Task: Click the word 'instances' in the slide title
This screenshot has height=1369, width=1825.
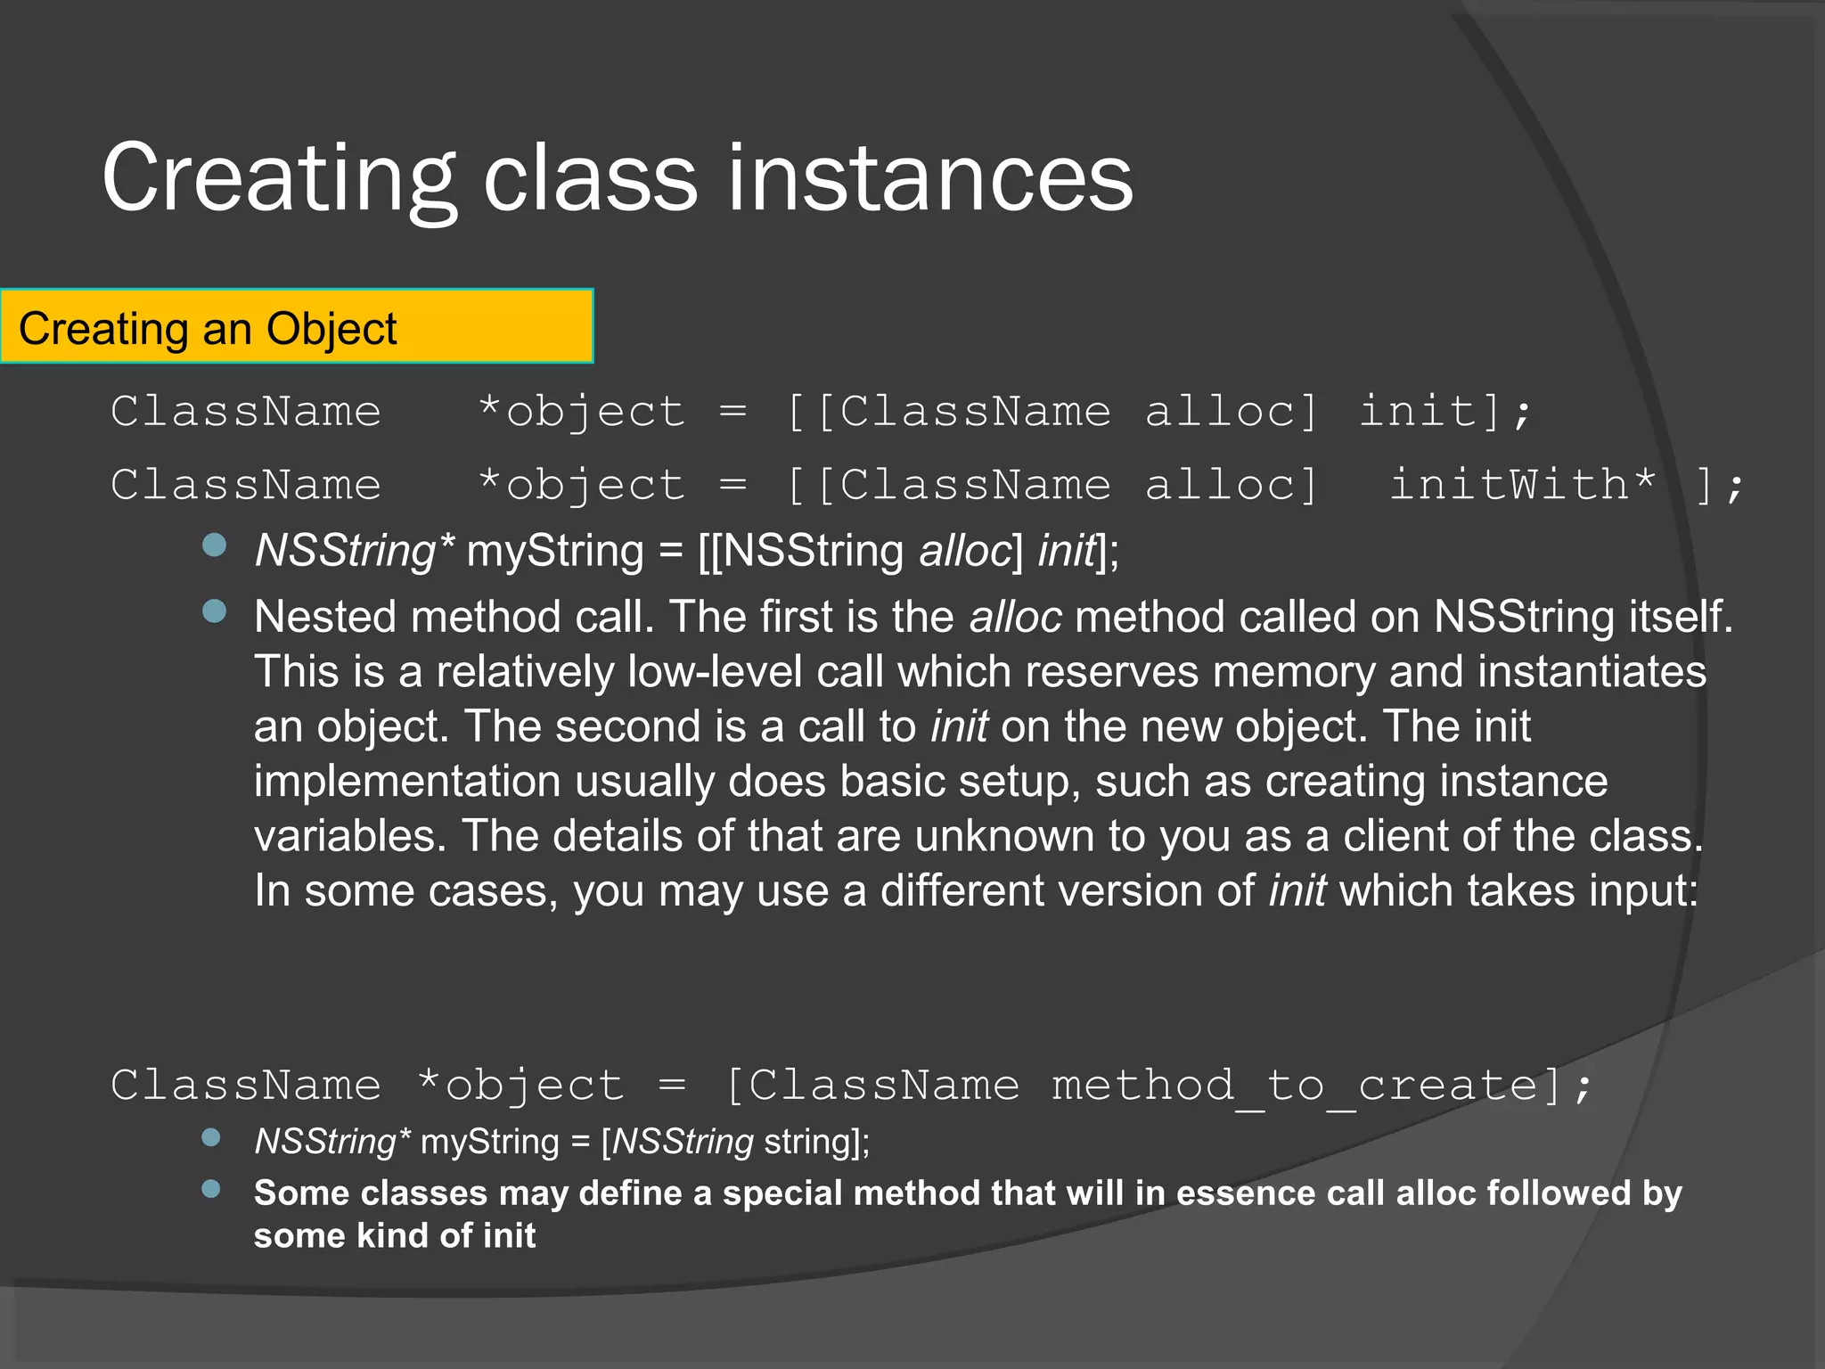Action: coord(930,178)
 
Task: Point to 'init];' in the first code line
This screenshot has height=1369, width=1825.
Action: coord(1444,412)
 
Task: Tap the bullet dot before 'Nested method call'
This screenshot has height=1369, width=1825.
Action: coord(214,611)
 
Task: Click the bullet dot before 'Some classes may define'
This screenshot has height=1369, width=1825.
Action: coord(211,1189)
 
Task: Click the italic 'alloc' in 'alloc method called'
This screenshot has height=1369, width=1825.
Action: coord(1015,617)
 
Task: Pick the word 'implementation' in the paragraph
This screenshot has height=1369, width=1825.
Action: coord(407,782)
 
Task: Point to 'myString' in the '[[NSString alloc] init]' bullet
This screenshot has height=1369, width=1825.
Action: coord(555,551)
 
